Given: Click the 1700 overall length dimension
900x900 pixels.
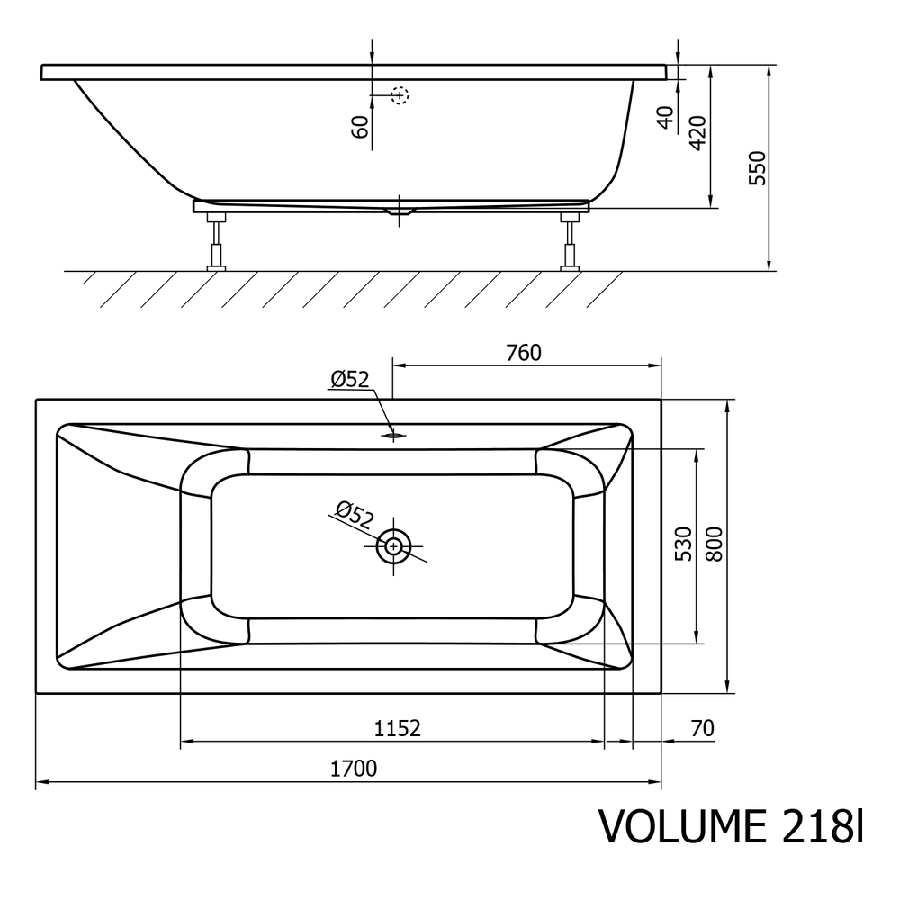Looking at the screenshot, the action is pyautogui.click(x=354, y=769).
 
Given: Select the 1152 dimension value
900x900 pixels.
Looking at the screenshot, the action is pyautogui.click(x=397, y=728).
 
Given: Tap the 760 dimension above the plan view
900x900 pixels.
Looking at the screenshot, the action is pyautogui.click(x=524, y=353).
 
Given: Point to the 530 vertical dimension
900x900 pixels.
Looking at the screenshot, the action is pyautogui.click(x=683, y=544).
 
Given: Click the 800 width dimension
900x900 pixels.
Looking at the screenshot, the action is pyautogui.click(x=714, y=544).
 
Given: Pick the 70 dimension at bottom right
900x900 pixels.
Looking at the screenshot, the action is pyautogui.click(x=703, y=728).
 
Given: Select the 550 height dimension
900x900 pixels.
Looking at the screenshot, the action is pyautogui.click(x=758, y=167).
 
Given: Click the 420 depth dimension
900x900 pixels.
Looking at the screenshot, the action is pyautogui.click(x=697, y=133).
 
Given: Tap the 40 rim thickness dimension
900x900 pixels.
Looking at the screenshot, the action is pyautogui.click(x=665, y=118).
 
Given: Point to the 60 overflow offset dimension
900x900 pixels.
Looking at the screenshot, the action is pyautogui.click(x=359, y=127).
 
